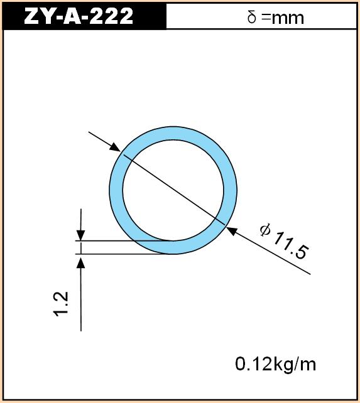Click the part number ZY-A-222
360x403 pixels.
79,16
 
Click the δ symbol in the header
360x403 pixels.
252,17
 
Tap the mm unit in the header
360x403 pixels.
288,18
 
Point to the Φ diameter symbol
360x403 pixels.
265,230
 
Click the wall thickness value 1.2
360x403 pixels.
61,304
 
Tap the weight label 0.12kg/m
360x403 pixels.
275,364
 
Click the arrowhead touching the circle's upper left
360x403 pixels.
115,148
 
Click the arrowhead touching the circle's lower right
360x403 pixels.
231,230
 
